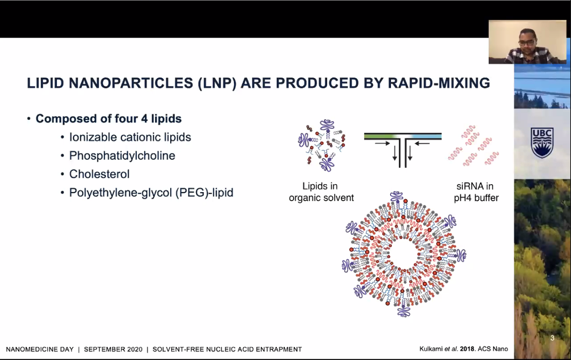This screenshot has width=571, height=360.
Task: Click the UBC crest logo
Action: [542, 142]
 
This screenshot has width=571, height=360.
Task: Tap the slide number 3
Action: [552, 338]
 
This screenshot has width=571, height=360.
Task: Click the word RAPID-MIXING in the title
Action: [439, 83]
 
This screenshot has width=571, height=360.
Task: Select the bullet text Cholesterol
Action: [100, 174]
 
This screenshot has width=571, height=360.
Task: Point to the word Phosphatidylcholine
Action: [122, 156]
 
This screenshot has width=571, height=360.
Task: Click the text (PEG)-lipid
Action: [204, 193]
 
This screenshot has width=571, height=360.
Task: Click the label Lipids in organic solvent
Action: [321, 192]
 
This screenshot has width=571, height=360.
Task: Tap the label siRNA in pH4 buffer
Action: [476, 192]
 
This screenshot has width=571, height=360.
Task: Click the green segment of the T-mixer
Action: [380, 136]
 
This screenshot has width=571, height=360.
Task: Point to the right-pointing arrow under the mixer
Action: [383, 143]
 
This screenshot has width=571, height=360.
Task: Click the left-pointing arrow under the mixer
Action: [422, 143]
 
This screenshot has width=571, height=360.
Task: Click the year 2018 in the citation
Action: [467, 349]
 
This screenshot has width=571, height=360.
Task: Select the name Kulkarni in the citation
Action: [431, 349]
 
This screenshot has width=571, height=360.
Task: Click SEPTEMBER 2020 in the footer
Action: [113, 349]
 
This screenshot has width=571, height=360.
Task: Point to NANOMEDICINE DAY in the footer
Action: [40, 349]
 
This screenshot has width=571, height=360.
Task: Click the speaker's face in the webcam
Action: [527, 40]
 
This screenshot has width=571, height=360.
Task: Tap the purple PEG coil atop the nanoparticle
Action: [397, 196]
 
